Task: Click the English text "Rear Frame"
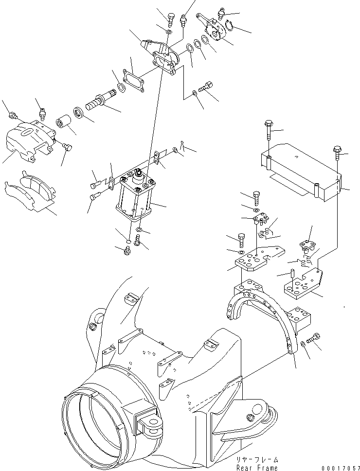coord(257,467)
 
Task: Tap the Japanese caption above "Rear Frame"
coord(257,459)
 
